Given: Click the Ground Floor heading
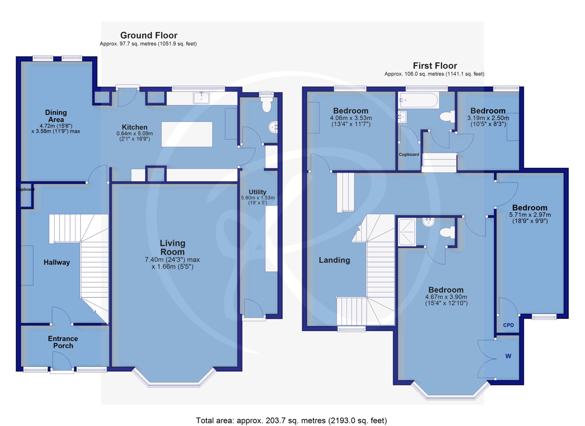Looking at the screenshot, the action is click(149, 35).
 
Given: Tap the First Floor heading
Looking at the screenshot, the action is click(435, 66).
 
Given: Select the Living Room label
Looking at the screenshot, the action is click(172, 247).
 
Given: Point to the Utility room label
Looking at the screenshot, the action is click(257, 192).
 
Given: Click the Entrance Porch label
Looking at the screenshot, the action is click(63, 342).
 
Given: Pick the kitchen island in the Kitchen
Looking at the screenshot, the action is click(187, 134).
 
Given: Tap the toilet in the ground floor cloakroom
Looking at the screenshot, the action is click(266, 104).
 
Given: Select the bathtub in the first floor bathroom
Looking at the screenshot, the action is click(419, 100).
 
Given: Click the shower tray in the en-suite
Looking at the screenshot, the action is click(407, 232).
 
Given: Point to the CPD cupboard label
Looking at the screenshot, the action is click(508, 325).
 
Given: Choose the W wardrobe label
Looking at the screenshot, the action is click(508, 356).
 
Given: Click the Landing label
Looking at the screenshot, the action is click(334, 260).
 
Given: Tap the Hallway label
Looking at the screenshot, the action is click(57, 262).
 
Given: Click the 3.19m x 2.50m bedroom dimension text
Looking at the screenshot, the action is click(488, 121).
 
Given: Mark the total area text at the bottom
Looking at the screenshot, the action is click(291, 421).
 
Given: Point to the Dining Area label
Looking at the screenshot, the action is click(56, 116).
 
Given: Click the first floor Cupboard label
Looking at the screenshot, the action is click(409, 154).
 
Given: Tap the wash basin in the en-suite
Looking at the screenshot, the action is click(428, 222).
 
